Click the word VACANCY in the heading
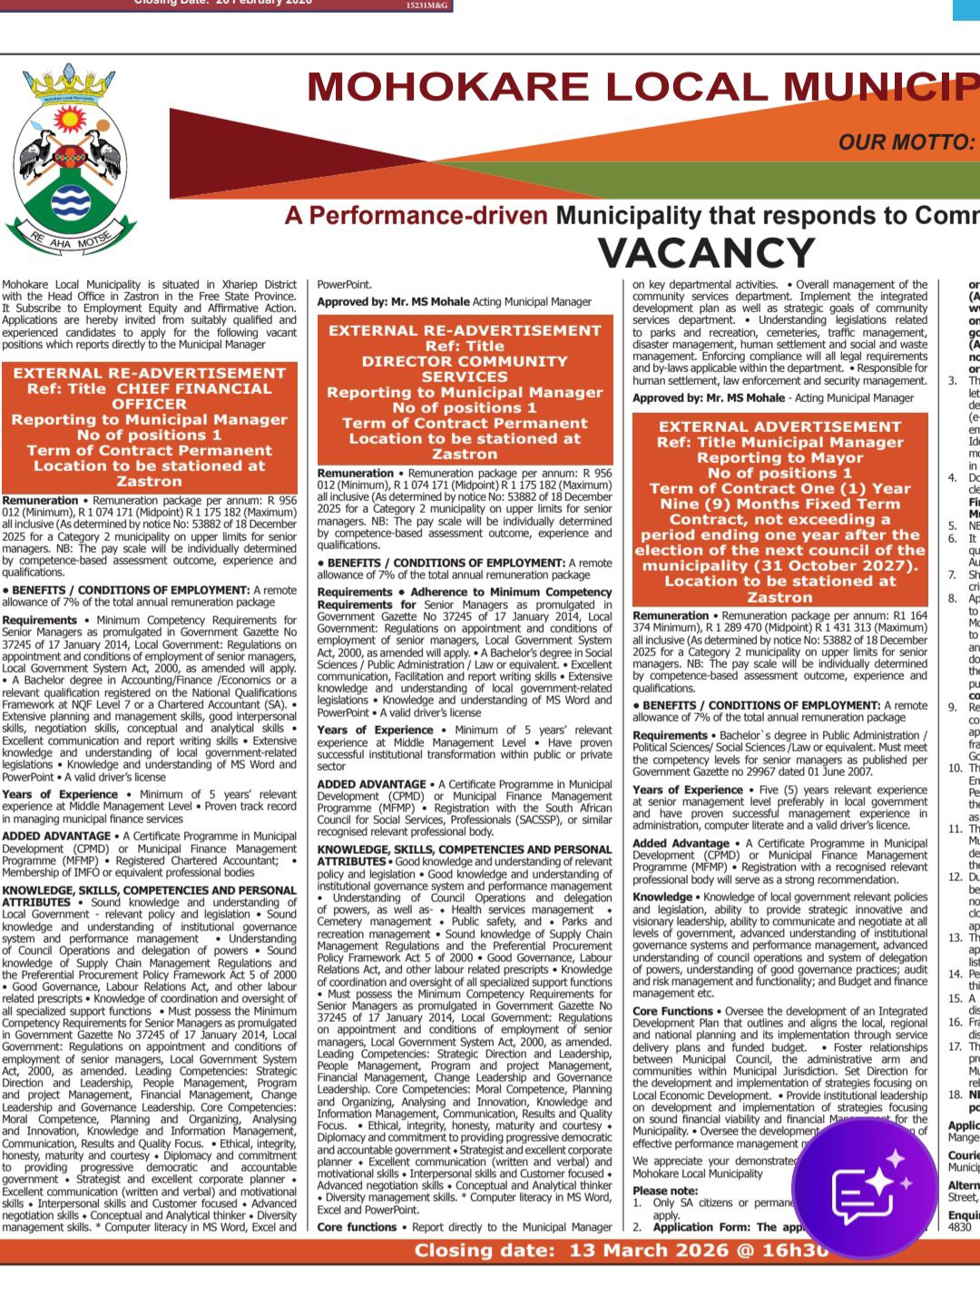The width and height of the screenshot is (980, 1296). (x=706, y=253)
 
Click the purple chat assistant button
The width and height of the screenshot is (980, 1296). (x=864, y=1185)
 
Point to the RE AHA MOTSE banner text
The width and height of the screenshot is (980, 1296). (x=70, y=241)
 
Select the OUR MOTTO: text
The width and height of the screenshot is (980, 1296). (x=906, y=142)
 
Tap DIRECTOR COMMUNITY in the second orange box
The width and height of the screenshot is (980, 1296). (x=465, y=361)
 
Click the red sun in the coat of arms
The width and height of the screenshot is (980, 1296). (x=69, y=119)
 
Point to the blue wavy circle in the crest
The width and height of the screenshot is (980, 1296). (x=71, y=203)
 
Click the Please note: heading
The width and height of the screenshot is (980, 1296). (x=665, y=1191)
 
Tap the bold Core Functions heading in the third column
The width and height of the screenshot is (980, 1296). (x=673, y=1011)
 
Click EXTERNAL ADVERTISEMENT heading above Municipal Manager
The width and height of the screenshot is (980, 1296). (x=779, y=427)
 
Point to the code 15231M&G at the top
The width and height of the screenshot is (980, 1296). (x=426, y=5)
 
